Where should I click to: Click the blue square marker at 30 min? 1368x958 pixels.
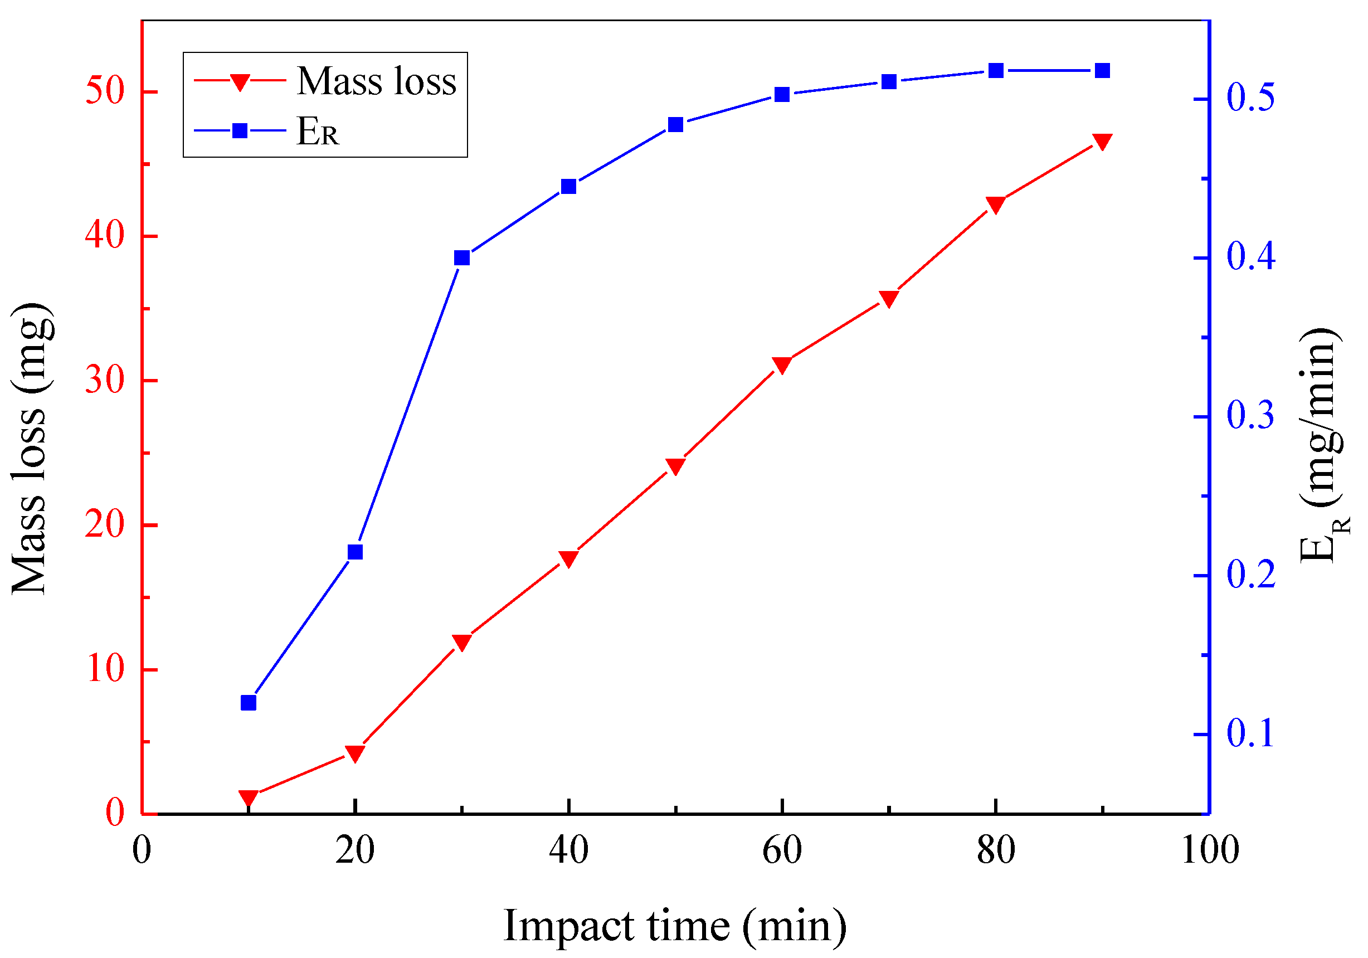(462, 258)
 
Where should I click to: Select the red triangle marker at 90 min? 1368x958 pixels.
(1103, 141)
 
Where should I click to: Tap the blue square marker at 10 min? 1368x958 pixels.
(249, 703)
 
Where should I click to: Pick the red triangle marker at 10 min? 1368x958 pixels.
(249, 797)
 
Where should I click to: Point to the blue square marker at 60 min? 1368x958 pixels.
(782, 95)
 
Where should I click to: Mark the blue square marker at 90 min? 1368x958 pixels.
(1103, 71)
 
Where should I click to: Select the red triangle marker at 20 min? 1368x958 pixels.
(355, 753)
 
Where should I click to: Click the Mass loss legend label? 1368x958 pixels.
(377, 81)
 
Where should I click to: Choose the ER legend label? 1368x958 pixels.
(318, 131)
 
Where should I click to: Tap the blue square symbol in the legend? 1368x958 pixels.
(240, 130)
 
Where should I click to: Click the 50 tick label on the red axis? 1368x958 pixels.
(105, 92)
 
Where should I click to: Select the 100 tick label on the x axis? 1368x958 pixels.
(1210, 850)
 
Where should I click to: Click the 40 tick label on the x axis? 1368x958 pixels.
(568, 850)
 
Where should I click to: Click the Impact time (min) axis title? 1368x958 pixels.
(674, 926)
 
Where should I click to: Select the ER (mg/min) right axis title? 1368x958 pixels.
(1323, 446)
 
